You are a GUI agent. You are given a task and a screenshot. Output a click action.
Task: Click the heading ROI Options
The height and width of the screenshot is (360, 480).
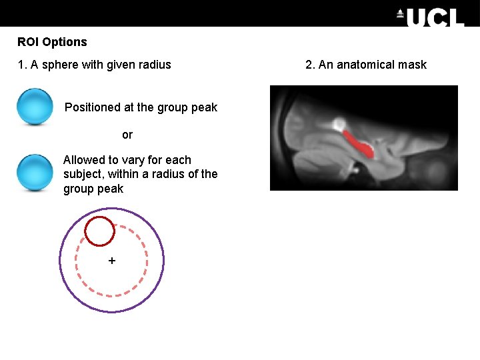52,42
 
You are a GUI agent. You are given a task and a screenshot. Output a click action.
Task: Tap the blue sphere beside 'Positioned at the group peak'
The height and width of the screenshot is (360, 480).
35,107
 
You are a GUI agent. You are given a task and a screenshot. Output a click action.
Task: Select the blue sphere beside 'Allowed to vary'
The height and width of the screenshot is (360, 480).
35,173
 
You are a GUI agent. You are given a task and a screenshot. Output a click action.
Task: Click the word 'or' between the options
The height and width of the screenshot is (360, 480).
127,135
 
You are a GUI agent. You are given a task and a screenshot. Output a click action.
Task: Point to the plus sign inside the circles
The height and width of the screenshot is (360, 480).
111,261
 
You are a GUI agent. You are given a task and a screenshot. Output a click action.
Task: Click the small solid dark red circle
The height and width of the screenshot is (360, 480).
100,231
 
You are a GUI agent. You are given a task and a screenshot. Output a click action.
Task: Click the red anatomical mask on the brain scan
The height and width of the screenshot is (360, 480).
360,144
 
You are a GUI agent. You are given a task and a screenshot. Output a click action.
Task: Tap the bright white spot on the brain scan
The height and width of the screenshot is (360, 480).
339,123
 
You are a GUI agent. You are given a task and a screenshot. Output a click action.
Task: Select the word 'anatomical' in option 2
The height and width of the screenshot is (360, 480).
365,65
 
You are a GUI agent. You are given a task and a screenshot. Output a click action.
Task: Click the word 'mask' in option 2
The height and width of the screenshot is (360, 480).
412,65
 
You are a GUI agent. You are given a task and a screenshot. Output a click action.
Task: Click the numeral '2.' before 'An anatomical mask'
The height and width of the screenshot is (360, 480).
310,65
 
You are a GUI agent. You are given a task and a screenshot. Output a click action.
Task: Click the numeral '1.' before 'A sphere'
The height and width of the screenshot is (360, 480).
22,65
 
